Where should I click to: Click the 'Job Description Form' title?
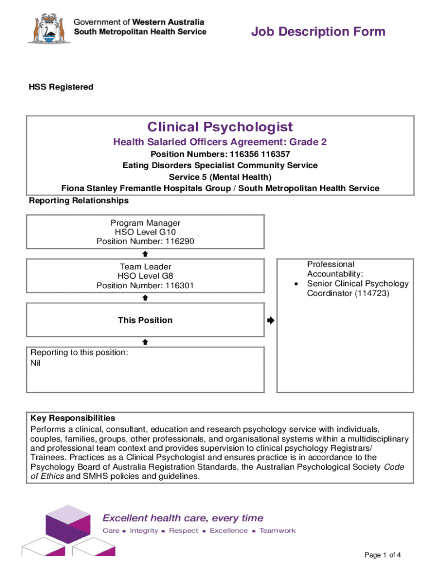pyautogui.click(x=318, y=31)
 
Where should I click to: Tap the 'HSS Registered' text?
pyautogui.click(x=61, y=87)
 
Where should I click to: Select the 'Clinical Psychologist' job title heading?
pyautogui.click(x=220, y=127)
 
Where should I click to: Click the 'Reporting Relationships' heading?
pyautogui.click(x=79, y=201)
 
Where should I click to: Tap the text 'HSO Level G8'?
pyautogui.click(x=145, y=276)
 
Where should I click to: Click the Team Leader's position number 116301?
pyautogui.click(x=178, y=286)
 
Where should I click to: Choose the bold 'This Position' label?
pyautogui.click(x=145, y=320)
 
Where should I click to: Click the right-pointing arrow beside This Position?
pyautogui.click(x=271, y=321)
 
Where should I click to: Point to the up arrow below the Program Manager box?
pyautogui.click(x=145, y=253)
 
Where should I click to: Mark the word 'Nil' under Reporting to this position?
pyautogui.click(x=36, y=363)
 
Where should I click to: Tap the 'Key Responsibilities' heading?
pyautogui.click(x=73, y=418)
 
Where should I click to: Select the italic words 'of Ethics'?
pyautogui.click(x=47, y=476)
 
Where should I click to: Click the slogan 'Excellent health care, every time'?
pyautogui.click(x=183, y=518)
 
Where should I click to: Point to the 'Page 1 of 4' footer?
pyautogui.click(x=383, y=555)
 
